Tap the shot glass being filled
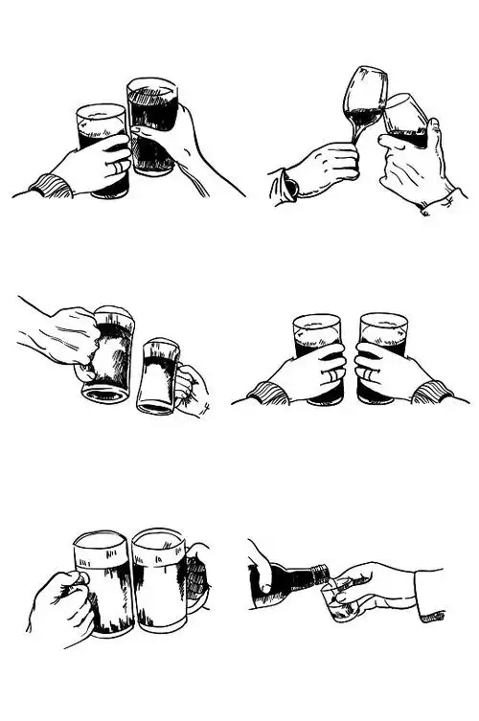pos(337,601)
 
